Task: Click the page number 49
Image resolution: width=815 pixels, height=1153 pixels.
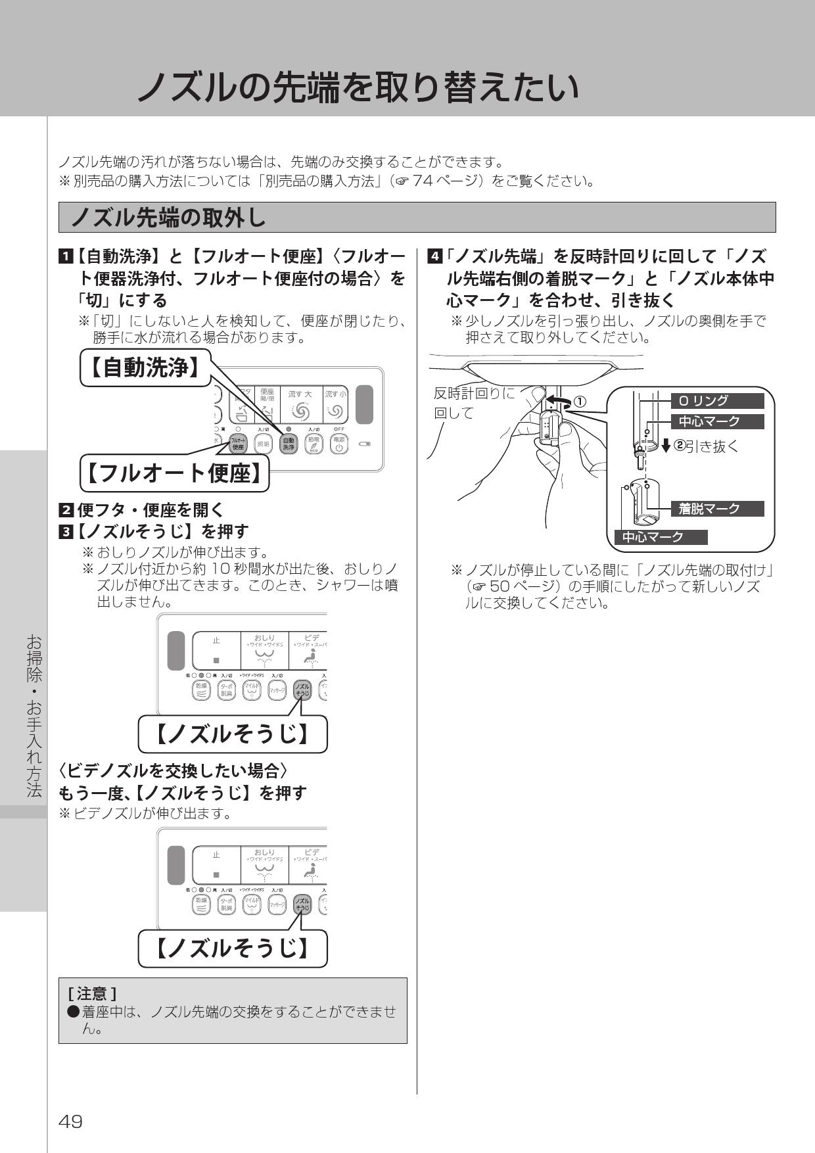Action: [71, 1121]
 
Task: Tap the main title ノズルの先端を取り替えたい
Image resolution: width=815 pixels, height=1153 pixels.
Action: [358, 87]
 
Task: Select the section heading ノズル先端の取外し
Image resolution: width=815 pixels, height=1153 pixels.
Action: [168, 218]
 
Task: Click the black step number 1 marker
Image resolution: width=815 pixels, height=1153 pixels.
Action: [65, 256]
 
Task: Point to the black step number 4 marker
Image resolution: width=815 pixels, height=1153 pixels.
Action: [433, 256]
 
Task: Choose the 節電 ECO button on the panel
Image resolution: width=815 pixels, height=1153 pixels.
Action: [314, 445]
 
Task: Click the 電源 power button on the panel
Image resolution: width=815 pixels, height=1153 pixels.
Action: [338, 445]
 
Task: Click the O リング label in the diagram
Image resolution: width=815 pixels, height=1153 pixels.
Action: [716, 401]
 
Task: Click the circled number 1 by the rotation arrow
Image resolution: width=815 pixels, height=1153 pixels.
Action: [580, 401]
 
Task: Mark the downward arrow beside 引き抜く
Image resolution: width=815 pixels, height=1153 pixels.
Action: [666, 446]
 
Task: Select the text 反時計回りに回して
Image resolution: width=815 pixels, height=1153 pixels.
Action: [475, 403]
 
